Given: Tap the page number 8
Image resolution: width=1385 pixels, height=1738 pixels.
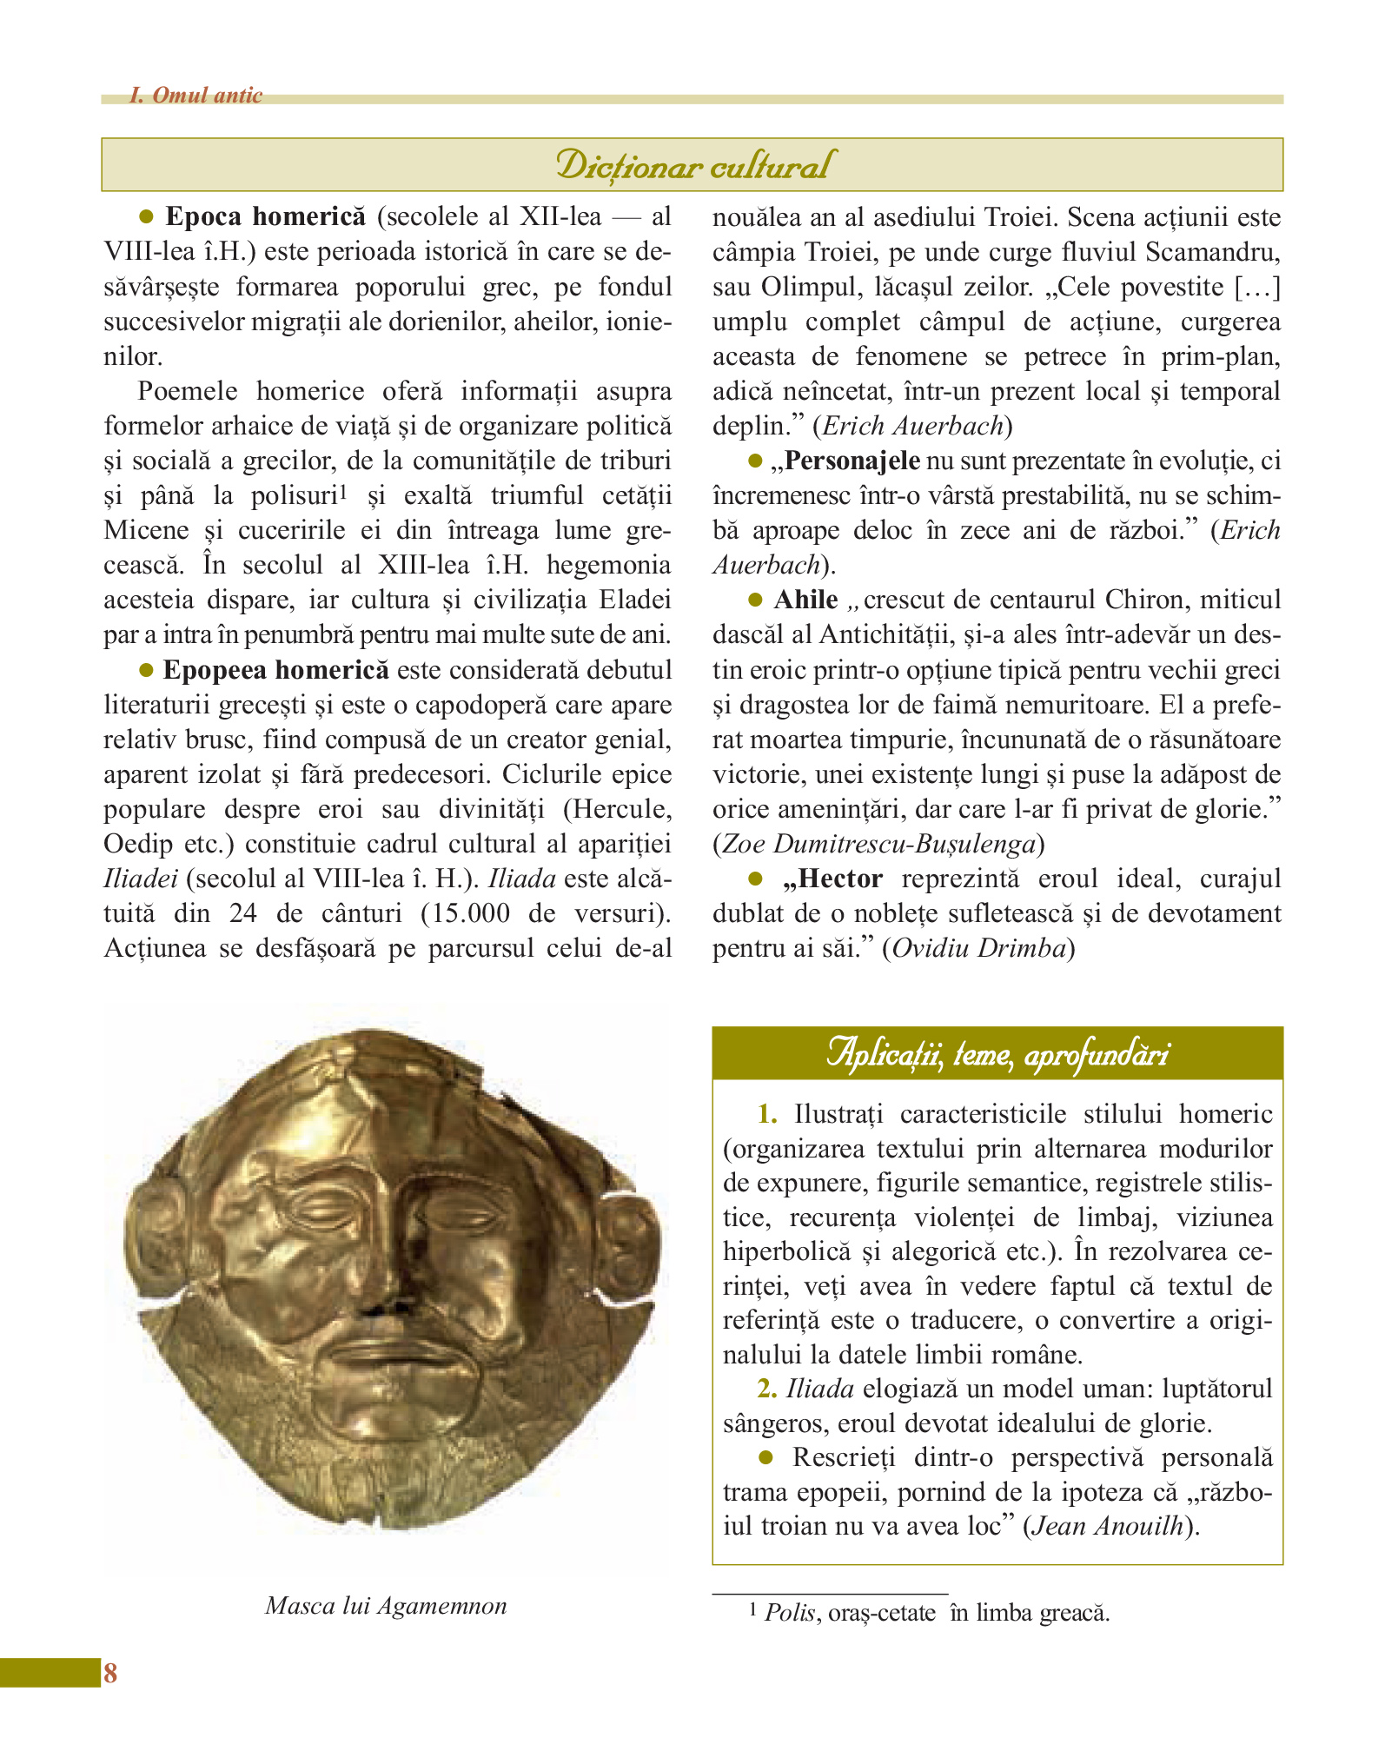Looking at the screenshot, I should [110, 1673].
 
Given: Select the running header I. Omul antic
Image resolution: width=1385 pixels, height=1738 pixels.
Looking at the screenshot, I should [195, 95].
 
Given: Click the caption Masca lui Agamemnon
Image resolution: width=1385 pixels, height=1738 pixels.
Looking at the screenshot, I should [386, 1605].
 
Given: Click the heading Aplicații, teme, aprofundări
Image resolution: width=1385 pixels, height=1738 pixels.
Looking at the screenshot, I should [997, 1053].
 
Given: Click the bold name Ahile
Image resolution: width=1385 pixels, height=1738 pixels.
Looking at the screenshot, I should [805, 600].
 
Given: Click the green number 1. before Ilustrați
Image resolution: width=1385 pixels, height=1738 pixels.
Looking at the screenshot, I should [767, 1114].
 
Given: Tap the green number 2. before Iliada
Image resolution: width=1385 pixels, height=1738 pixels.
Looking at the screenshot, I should [766, 1389].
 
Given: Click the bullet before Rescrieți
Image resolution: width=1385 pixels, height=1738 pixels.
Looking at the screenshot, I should [766, 1456].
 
